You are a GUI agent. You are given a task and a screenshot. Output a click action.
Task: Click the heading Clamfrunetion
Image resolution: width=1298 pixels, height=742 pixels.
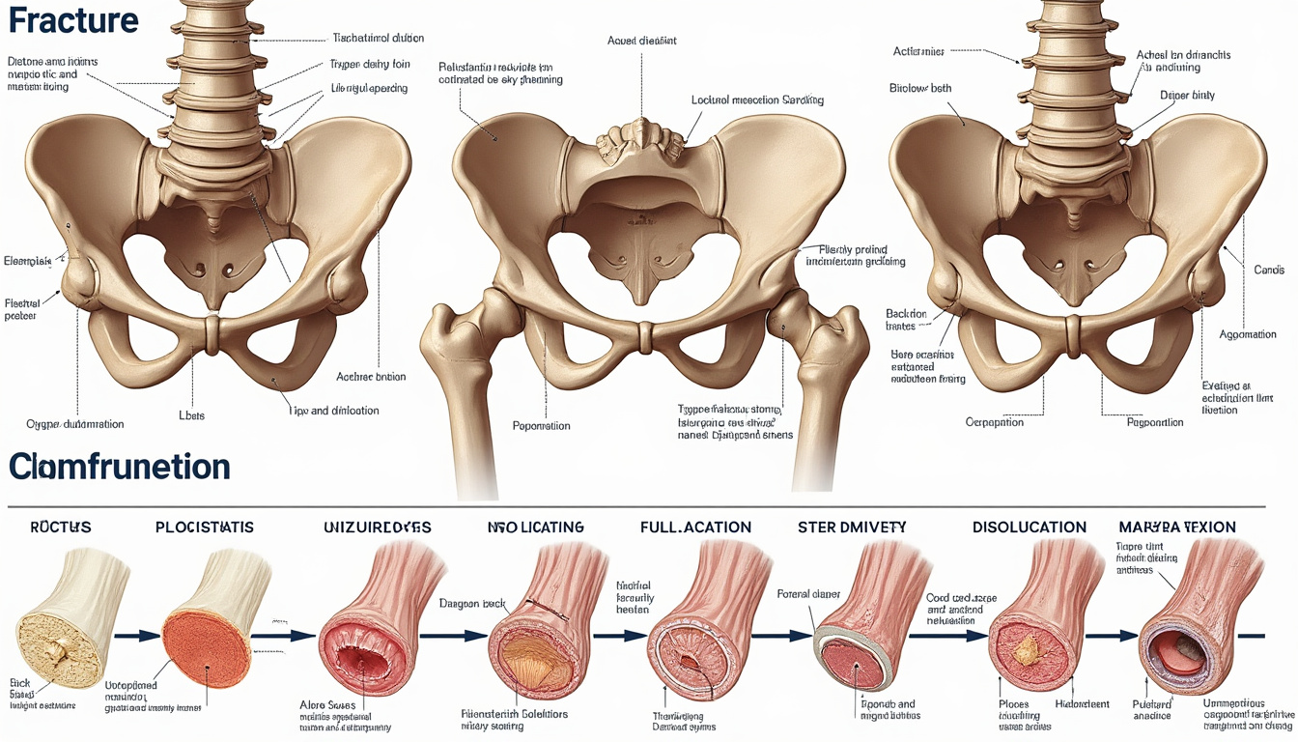(120, 468)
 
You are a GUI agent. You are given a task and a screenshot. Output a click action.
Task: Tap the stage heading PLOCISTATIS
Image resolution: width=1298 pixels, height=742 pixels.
(205, 528)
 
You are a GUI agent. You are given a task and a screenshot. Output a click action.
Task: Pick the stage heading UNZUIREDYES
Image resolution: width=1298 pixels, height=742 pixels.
(378, 528)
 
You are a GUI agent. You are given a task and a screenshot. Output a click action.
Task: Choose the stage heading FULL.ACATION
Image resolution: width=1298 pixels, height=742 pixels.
(695, 528)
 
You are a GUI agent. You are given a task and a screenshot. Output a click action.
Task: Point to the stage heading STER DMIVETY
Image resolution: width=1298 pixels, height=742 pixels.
(853, 528)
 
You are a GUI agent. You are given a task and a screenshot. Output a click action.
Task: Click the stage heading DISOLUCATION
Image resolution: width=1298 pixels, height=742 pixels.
(1030, 528)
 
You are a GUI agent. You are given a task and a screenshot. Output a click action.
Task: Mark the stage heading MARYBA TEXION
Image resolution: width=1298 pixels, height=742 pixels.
(1177, 528)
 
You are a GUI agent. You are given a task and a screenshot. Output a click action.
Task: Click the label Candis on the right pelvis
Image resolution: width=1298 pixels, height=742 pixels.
(1268, 270)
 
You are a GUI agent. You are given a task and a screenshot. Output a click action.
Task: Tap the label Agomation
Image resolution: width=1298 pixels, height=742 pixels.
(1248, 334)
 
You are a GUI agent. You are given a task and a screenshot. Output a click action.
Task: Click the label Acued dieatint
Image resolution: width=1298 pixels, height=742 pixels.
(642, 41)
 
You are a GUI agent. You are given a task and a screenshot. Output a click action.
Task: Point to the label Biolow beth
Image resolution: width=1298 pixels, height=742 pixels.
(919, 89)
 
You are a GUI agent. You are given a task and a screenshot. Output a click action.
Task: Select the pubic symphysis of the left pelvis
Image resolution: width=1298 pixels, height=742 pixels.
(212, 334)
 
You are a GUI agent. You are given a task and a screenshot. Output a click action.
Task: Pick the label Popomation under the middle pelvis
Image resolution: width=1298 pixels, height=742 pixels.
(541, 426)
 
